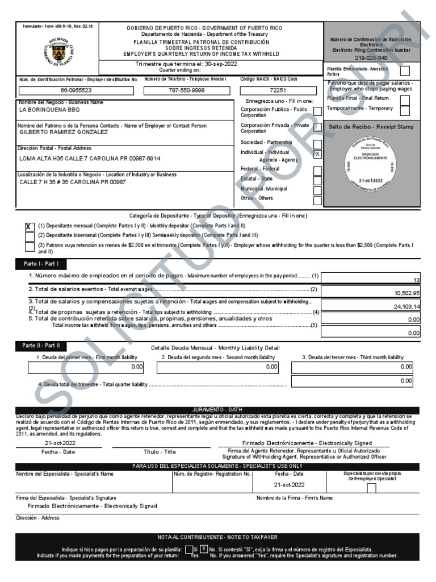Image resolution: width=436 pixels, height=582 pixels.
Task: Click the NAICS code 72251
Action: (x=277, y=91)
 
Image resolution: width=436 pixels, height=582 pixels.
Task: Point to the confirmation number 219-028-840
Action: (x=371, y=58)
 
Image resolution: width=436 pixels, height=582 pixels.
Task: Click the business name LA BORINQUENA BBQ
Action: (x=50, y=109)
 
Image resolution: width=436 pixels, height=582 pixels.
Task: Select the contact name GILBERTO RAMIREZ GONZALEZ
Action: (x=64, y=132)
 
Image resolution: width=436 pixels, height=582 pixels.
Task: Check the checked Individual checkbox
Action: (x=317, y=154)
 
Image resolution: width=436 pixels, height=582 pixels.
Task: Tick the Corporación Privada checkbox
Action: (x=317, y=127)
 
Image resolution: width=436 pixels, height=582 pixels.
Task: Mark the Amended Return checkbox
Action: (x=406, y=70)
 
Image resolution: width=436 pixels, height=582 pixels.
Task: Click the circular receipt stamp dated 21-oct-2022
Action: (x=372, y=163)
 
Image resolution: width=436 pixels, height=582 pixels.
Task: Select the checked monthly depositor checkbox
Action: (x=30, y=226)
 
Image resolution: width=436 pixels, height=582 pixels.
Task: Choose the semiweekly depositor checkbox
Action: (x=30, y=235)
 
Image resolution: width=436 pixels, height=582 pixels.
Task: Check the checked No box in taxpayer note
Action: (x=204, y=549)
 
